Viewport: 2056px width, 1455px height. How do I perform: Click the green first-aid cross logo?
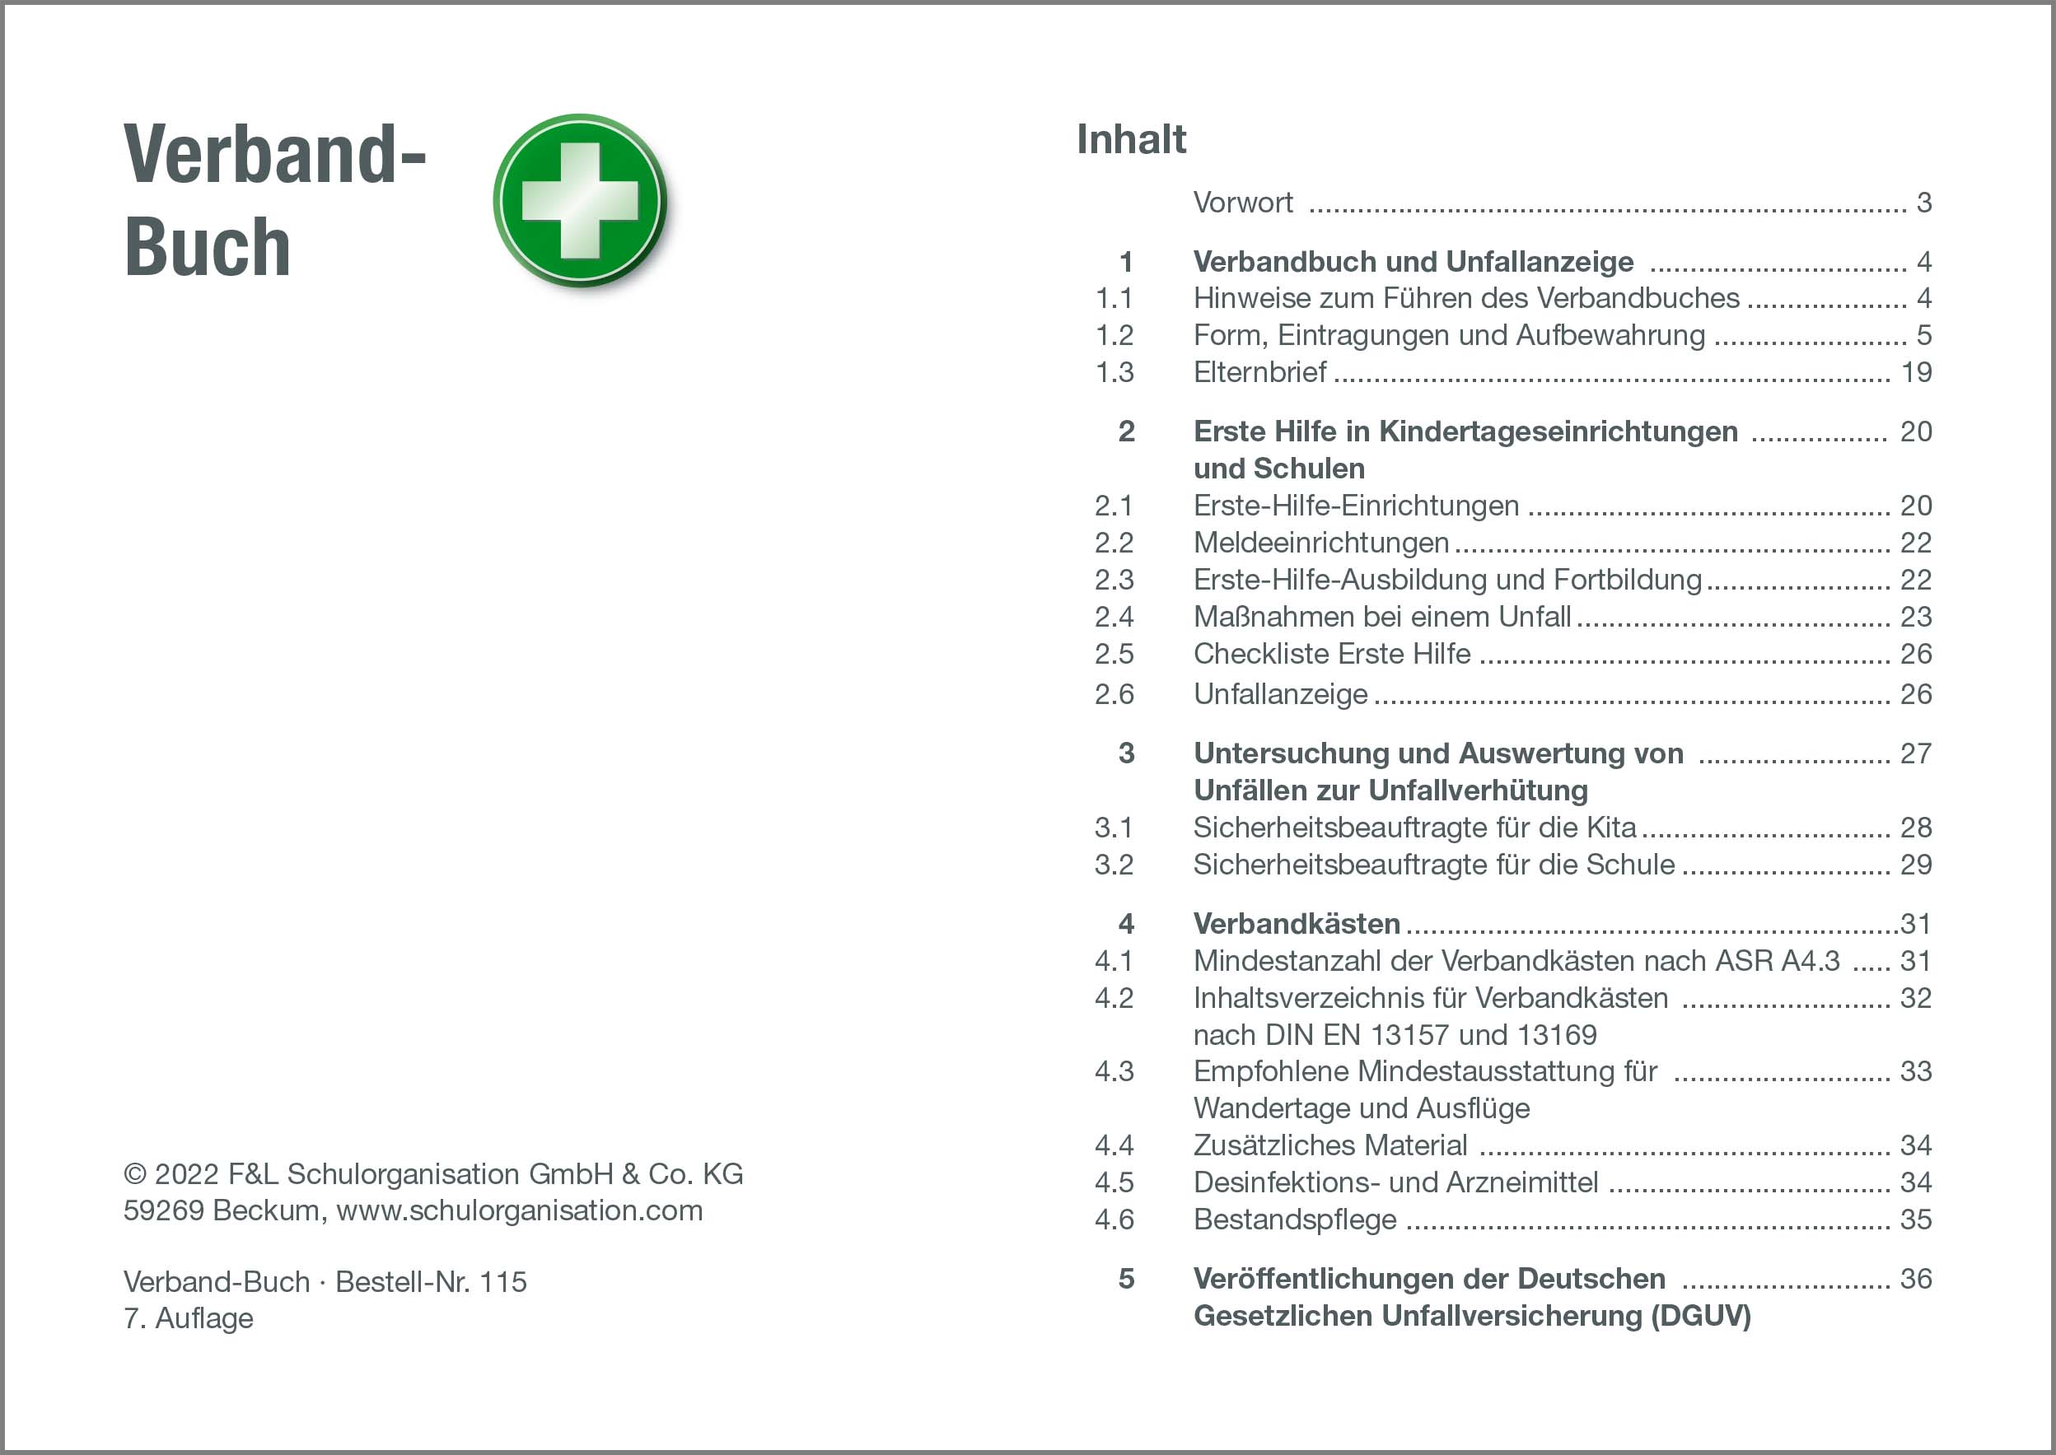point(580,201)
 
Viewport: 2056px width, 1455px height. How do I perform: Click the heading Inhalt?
point(1131,140)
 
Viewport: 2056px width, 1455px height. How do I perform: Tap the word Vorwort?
point(1242,203)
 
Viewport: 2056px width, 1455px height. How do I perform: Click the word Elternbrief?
point(1259,373)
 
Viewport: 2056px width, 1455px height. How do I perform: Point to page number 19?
point(1916,373)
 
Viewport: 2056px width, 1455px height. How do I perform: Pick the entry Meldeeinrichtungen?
point(1321,543)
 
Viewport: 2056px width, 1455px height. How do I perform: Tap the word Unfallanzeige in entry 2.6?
point(1281,694)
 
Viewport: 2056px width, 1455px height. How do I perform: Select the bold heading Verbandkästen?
point(1297,924)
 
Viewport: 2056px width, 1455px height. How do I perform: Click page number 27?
point(1916,753)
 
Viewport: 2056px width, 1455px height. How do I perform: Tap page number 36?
point(1916,1280)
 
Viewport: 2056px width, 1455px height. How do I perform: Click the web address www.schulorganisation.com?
point(520,1211)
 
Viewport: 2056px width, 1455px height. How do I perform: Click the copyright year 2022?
point(187,1174)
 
